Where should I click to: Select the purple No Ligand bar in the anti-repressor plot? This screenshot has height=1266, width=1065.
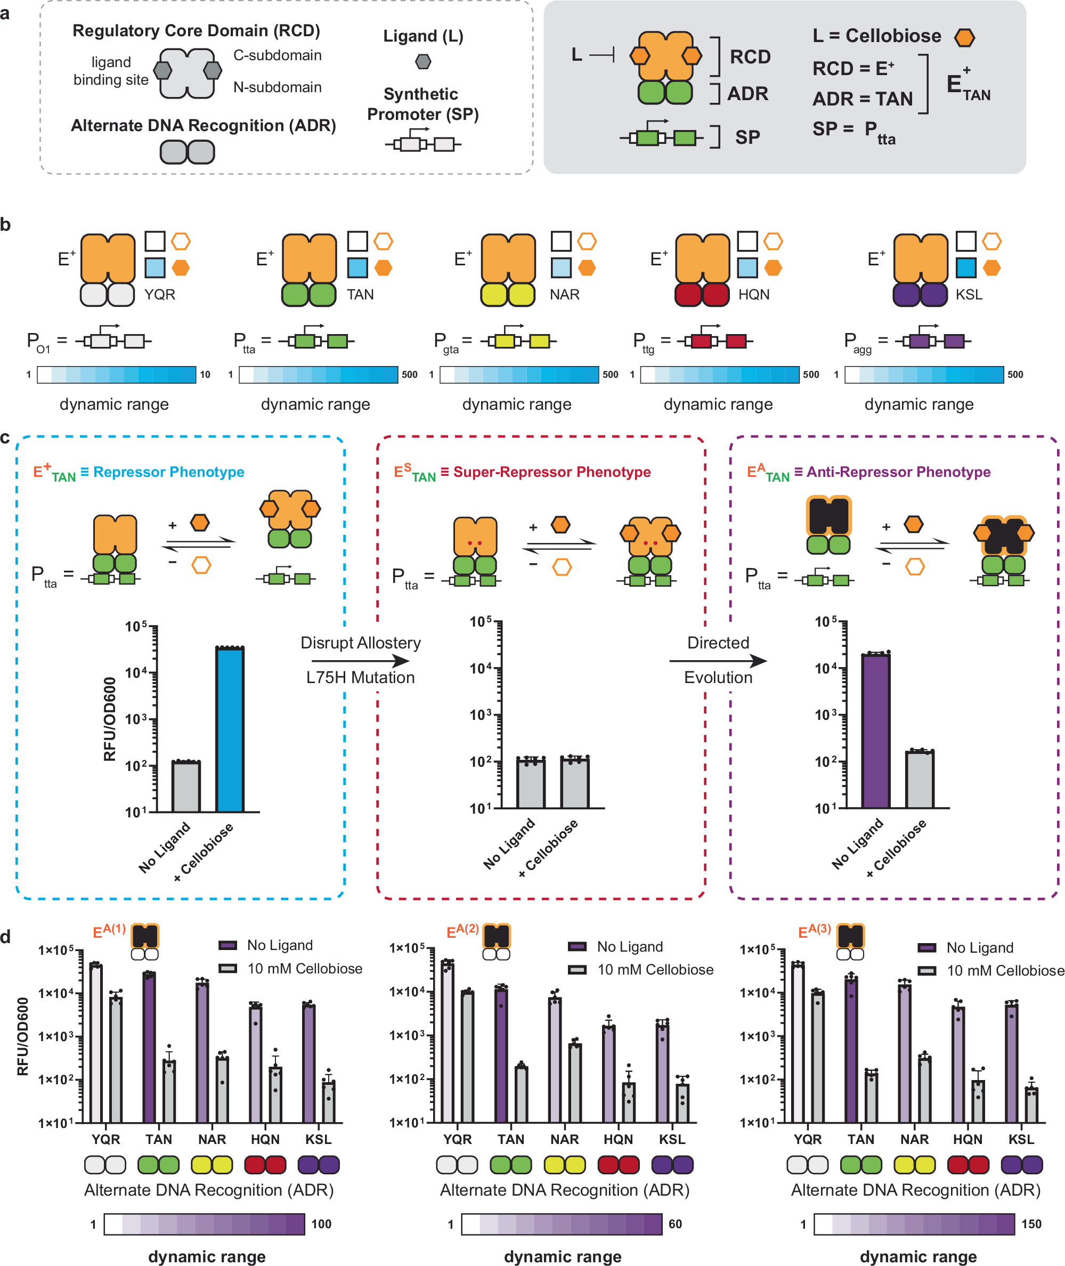coord(875,731)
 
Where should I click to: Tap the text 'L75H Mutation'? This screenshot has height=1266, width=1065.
coord(361,677)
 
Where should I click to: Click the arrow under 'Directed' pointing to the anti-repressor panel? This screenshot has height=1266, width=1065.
coord(719,661)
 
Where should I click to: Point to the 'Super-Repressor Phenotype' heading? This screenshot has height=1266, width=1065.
coord(552,472)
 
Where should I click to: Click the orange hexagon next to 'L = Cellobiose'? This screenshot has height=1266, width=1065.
coord(965,37)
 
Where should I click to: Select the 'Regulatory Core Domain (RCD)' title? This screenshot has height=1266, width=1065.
coord(196,31)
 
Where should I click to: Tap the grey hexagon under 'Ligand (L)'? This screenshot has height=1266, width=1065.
coord(423,62)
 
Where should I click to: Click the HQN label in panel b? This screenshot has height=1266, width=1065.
coord(754,295)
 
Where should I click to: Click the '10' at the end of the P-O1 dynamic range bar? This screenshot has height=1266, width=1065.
coord(205,374)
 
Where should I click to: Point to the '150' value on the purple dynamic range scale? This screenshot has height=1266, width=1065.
coord(1032,1224)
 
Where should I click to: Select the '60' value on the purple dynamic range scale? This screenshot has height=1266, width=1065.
coord(676,1224)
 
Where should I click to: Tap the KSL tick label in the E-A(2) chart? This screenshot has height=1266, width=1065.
coord(672,1139)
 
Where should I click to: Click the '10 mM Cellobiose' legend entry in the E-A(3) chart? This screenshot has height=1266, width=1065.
coord(1005,970)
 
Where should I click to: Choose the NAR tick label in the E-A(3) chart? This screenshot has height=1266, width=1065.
coord(914,1139)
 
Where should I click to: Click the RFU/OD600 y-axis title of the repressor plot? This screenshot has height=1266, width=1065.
coord(109,719)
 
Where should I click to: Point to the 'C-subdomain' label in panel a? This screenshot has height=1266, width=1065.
coord(277,55)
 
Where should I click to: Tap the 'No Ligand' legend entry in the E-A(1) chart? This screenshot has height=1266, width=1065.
coord(280,945)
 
